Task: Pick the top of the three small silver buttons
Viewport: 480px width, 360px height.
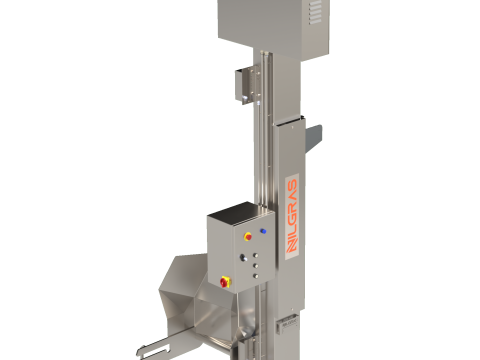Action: tap(256, 252)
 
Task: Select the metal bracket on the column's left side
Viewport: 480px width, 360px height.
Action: tap(242, 84)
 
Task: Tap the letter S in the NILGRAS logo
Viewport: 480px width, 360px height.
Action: tap(291, 187)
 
